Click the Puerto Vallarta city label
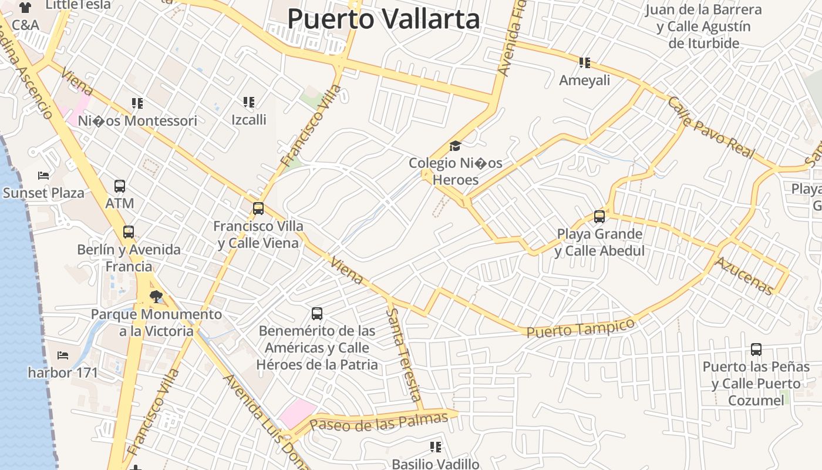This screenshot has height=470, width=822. [383, 19]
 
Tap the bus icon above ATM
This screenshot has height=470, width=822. [120, 186]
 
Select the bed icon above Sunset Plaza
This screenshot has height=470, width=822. [43, 175]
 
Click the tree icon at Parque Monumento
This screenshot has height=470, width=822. [156, 296]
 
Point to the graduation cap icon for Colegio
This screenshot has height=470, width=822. [455, 146]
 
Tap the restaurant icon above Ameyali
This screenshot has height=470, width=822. [584, 62]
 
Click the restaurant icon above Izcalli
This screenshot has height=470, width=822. [249, 102]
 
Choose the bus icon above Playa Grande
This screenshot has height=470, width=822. [599, 216]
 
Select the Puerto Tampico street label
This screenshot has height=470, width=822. [580, 328]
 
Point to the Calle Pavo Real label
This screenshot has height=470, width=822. [710, 128]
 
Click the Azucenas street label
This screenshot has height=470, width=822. [744, 276]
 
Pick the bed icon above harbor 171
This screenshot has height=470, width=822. [63, 355]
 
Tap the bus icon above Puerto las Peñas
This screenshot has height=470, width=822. [756, 350]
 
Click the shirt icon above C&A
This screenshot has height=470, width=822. [25, 8]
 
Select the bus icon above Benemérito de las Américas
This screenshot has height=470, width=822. [317, 313]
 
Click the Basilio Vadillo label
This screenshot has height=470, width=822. [436, 464]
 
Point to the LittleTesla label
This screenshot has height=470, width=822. [78, 5]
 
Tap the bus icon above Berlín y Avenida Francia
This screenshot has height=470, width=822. [129, 232]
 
